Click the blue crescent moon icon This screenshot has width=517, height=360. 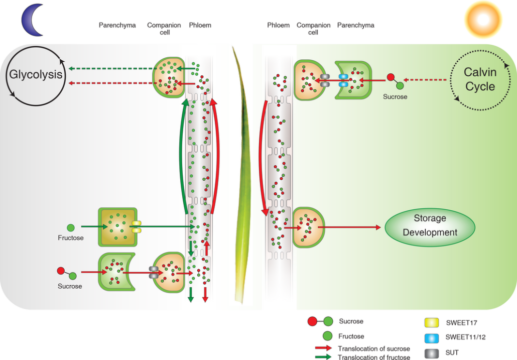[x=31, y=21]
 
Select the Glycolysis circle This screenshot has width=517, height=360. [x=35, y=75]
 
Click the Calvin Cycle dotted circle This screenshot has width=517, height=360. [x=480, y=79]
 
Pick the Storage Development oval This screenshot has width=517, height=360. [x=430, y=225]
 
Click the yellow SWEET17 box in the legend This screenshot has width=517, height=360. [x=431, y=322]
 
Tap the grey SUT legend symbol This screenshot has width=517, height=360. [x=431, y=353]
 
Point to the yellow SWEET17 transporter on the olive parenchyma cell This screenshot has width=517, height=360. [x=136, y=226]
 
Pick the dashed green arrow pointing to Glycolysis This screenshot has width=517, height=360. [x=110, y=69]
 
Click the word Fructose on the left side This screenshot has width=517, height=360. [x=71, y=237]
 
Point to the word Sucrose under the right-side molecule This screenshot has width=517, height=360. [x=395, y=96]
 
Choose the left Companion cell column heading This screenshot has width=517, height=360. [x=164, y=29]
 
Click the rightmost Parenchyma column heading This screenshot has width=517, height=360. [x=355, y=25]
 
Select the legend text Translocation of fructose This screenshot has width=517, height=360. [x=374, y=357]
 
